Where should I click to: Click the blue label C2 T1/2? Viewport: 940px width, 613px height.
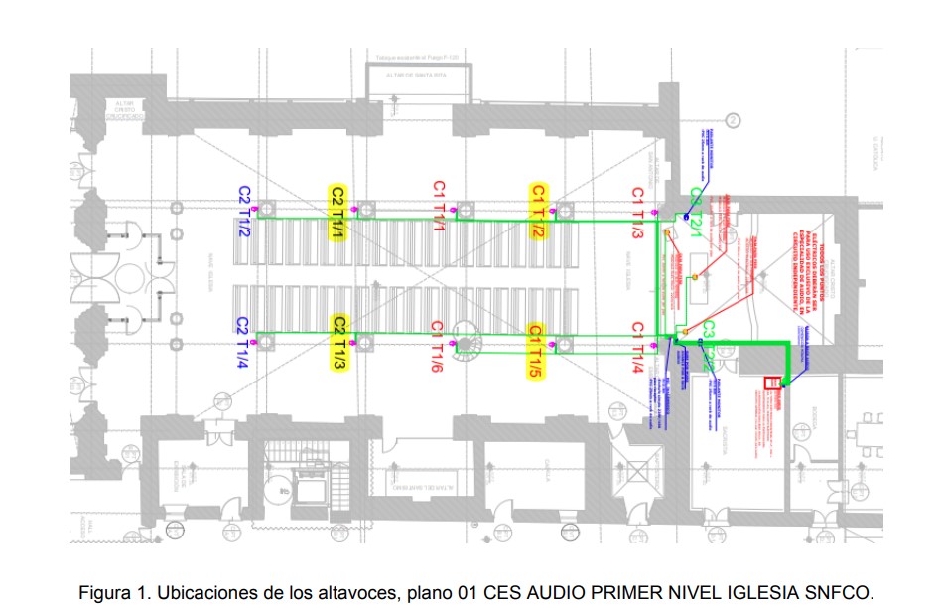(243, 211)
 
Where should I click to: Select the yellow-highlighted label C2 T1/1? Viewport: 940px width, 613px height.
(338, 211)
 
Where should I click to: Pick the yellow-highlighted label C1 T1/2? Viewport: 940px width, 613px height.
(538, 211)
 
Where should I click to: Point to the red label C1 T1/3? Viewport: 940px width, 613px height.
(638, 213)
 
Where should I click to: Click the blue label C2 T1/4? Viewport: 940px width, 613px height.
(242, 342)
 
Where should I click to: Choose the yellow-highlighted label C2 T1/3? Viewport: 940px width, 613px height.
(339, 344)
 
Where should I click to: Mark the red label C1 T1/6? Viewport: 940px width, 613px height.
(438, 349)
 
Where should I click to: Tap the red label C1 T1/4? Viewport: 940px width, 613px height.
(639, 349)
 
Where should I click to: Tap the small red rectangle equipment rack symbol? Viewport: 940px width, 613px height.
(768, 383)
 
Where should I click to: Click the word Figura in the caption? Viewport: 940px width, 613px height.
(104, 593)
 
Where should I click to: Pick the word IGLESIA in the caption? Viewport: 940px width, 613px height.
(763, 593)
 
